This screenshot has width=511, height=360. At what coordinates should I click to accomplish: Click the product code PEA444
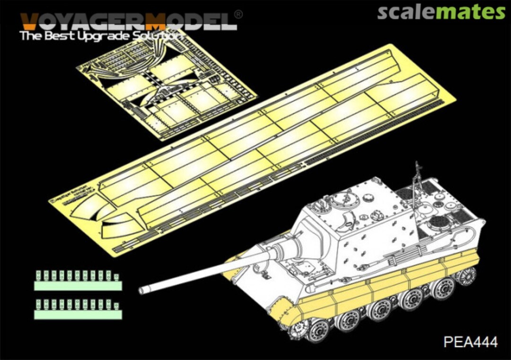point(470,342)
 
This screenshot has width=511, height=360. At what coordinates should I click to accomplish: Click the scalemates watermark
point(441,12)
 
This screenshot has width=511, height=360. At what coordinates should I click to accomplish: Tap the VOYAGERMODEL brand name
point(128,21)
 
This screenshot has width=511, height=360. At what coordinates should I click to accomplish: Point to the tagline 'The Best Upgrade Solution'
point(102,35)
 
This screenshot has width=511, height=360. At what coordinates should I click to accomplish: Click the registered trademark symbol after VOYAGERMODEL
point(239,15)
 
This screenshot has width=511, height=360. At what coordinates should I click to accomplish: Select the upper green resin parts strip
point(78,281)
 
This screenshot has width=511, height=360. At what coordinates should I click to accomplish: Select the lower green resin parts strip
point(78,310)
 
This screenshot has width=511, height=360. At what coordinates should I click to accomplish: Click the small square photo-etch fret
point(166,85)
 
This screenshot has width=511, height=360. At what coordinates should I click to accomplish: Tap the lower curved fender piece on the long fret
point(118,226)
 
